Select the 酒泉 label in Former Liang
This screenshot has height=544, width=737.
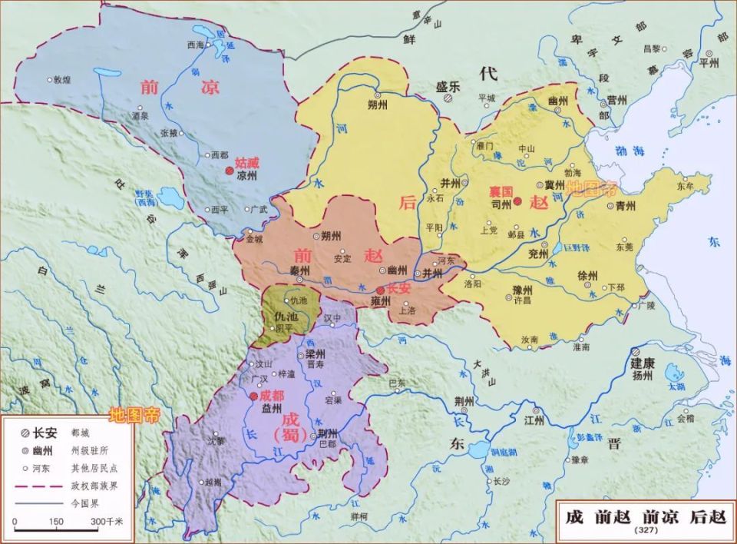[140, 116]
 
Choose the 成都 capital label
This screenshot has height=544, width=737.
[272, 394]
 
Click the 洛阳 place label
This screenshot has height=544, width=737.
[473, 284]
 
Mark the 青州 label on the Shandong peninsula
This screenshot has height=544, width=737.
[625, 206]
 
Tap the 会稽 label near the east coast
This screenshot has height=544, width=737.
[685, 419]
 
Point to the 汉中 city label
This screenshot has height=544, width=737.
[332, 316]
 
